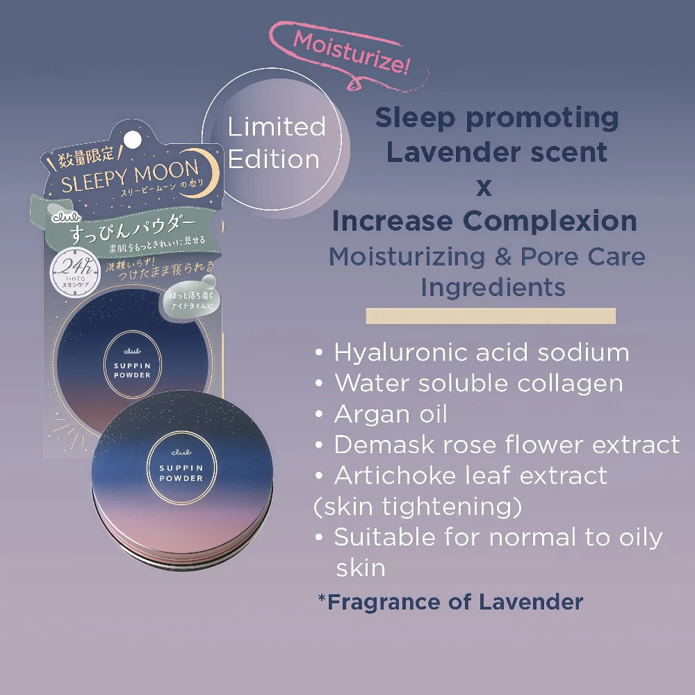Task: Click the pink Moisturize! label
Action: point(351,53)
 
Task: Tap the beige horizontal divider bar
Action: point(491,316)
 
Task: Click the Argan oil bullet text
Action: point(391,414)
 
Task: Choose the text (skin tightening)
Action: point(418,507)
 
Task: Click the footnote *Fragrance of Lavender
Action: point(450,601)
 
